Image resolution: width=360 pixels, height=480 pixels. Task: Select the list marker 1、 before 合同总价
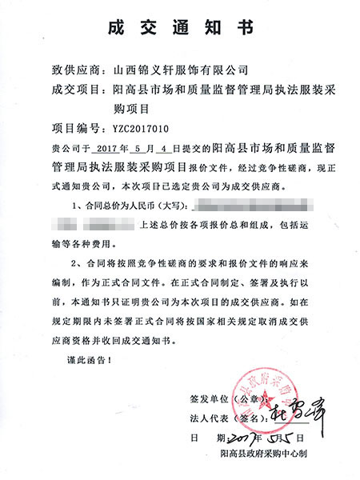click(x=78, y=207)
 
